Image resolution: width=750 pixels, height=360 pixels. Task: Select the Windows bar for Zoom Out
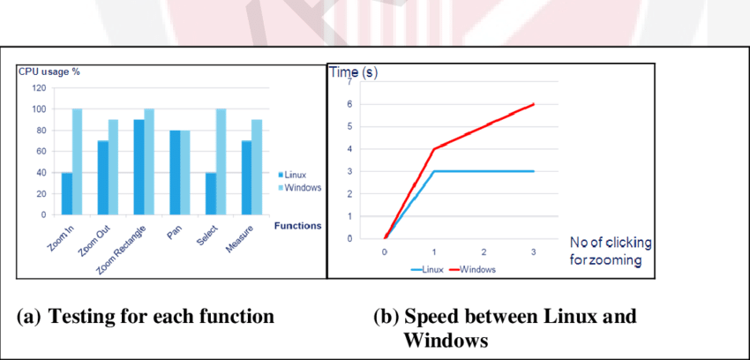click(114, 168)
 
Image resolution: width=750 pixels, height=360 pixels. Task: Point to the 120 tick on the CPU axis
click(38, 88)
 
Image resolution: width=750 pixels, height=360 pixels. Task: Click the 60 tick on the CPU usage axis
click(41, 152)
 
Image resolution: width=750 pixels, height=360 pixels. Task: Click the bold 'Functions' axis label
click(298, 225)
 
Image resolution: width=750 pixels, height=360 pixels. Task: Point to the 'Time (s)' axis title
click(355, 72)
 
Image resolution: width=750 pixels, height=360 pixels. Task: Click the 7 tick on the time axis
click(349, 81)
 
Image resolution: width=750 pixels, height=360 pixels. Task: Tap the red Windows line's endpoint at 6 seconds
click(533, 104)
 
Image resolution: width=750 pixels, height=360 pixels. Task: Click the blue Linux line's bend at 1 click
click(434, 171)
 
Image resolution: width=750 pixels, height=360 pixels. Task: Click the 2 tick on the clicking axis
click(484, 251)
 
